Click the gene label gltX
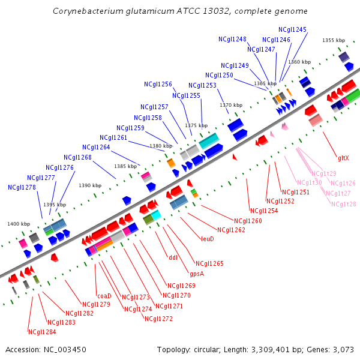[x=343, y=158]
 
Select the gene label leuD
[x=208, y=238]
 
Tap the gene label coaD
[x=104, y=295]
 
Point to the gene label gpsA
[x=197, y=274]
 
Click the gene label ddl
[x=173, y=259]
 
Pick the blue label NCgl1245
[x=292, y=29]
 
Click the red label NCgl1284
[x=42, y=332]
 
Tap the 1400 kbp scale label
[x=19, y=224]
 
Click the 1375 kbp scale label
[x=196, y=126]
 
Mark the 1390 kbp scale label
[x=90, y=185]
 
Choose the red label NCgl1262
[x=231, y=230]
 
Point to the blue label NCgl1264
[x=96, y=147]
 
